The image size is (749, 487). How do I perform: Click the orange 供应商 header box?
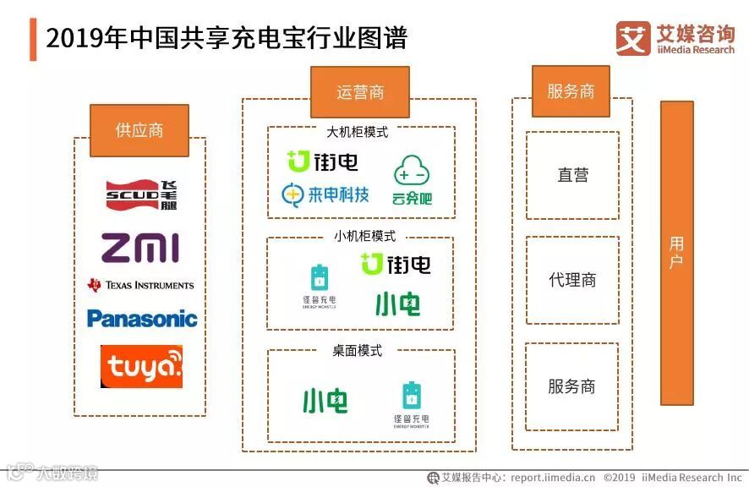(139, 130)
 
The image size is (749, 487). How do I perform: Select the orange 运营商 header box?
(359, 92)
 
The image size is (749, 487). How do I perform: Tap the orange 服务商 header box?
(571, 91)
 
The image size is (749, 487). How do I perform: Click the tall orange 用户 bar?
(676, 253)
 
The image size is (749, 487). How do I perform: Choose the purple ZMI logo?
(140, 248)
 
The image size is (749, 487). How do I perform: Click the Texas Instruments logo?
(140, 285)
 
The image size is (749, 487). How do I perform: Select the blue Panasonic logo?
(141, 319)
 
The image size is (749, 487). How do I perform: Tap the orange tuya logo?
(141, 366)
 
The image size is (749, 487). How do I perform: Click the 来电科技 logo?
(325, 194)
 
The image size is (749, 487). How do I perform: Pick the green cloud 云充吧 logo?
(412, 180)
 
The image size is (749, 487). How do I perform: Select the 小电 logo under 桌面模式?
(325, 400)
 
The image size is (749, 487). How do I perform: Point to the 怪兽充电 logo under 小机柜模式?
(319, 287)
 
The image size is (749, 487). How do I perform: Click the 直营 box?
(572, 175)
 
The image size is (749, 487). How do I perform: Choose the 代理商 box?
(572, 280)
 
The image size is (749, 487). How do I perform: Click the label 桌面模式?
(357, 350)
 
